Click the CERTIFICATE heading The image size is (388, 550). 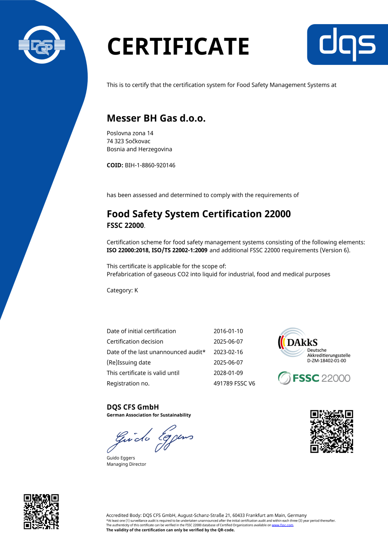coord(178,46)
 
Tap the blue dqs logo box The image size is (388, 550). coord(347,44)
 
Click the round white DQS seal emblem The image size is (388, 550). coord(42,45)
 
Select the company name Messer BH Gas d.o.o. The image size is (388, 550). coord(156,118)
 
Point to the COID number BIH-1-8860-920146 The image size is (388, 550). coord(150,165)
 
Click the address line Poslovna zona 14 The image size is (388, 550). coord(130,133)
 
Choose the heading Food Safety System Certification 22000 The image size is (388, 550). coord(199,214)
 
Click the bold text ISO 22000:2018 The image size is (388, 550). coord(128,250)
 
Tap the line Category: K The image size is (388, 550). coord(122,290)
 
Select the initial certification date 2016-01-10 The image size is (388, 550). coord(228,331)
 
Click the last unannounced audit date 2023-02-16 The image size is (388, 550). coord(228,352)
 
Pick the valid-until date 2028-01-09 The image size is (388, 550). coord(228,373)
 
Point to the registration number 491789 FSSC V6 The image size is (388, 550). coord(234,383)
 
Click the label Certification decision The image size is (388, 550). coord(135,342)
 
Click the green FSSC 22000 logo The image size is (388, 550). coord(314,378)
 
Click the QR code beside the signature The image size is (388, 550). coord(331,431)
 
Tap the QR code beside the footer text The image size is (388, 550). coord(41,512)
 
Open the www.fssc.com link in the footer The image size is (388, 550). coord(282,525)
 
